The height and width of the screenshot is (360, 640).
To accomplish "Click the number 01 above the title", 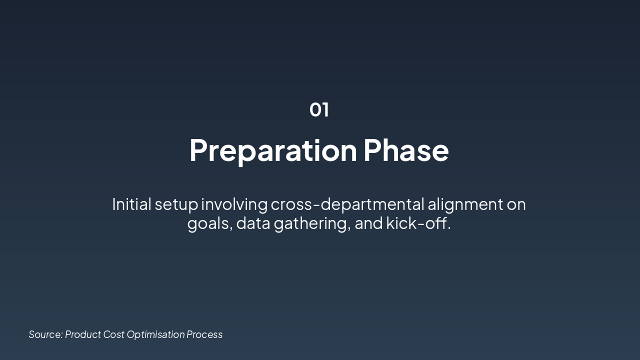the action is (319, 109).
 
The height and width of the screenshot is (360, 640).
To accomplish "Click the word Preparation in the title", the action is (273, 151).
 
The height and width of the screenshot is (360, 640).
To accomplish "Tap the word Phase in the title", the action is (406, 150).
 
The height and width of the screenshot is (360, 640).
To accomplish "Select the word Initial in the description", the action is (131, 204).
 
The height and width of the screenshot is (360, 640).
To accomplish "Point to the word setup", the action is (176, 205).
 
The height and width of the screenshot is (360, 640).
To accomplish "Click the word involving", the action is (234, 205).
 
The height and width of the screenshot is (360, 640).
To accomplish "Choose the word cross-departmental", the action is (347, 205).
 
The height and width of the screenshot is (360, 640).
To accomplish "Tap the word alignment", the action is (465, 205).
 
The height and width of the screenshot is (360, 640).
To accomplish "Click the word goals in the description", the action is (208, 223).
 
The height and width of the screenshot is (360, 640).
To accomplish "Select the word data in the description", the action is (253, 223).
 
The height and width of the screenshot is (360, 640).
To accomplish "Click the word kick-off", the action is (418, 223).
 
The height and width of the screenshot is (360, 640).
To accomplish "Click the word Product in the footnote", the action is (83, 334).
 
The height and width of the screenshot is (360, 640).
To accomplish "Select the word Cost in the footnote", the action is (113, 334).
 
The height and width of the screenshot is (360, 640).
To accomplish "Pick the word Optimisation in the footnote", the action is (155, 335).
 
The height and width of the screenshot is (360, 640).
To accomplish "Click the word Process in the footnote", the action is (204, 334).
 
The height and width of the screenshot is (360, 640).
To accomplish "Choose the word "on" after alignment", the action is (516, 205).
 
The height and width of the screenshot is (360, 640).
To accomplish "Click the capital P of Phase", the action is (372, 150).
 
